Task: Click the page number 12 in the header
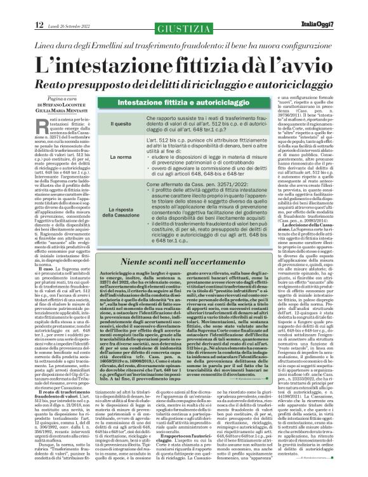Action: (x=21, y=24)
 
